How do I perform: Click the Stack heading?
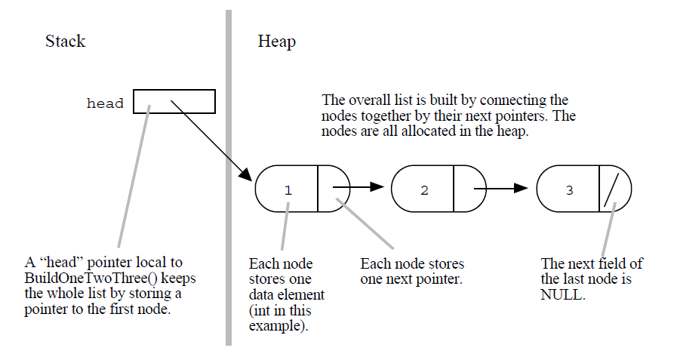[66, 42]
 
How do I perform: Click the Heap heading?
[276, 42]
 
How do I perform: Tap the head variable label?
[105, 103]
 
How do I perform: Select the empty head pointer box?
[174, 102]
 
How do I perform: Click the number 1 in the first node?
[288, 190]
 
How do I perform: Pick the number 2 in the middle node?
[424, 190]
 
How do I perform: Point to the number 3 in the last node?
[569, 190]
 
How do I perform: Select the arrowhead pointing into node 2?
[379, 187]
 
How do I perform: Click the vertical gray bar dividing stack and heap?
[228, 181]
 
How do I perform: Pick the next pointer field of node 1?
[334, 188]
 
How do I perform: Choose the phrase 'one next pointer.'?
[412, 278]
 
